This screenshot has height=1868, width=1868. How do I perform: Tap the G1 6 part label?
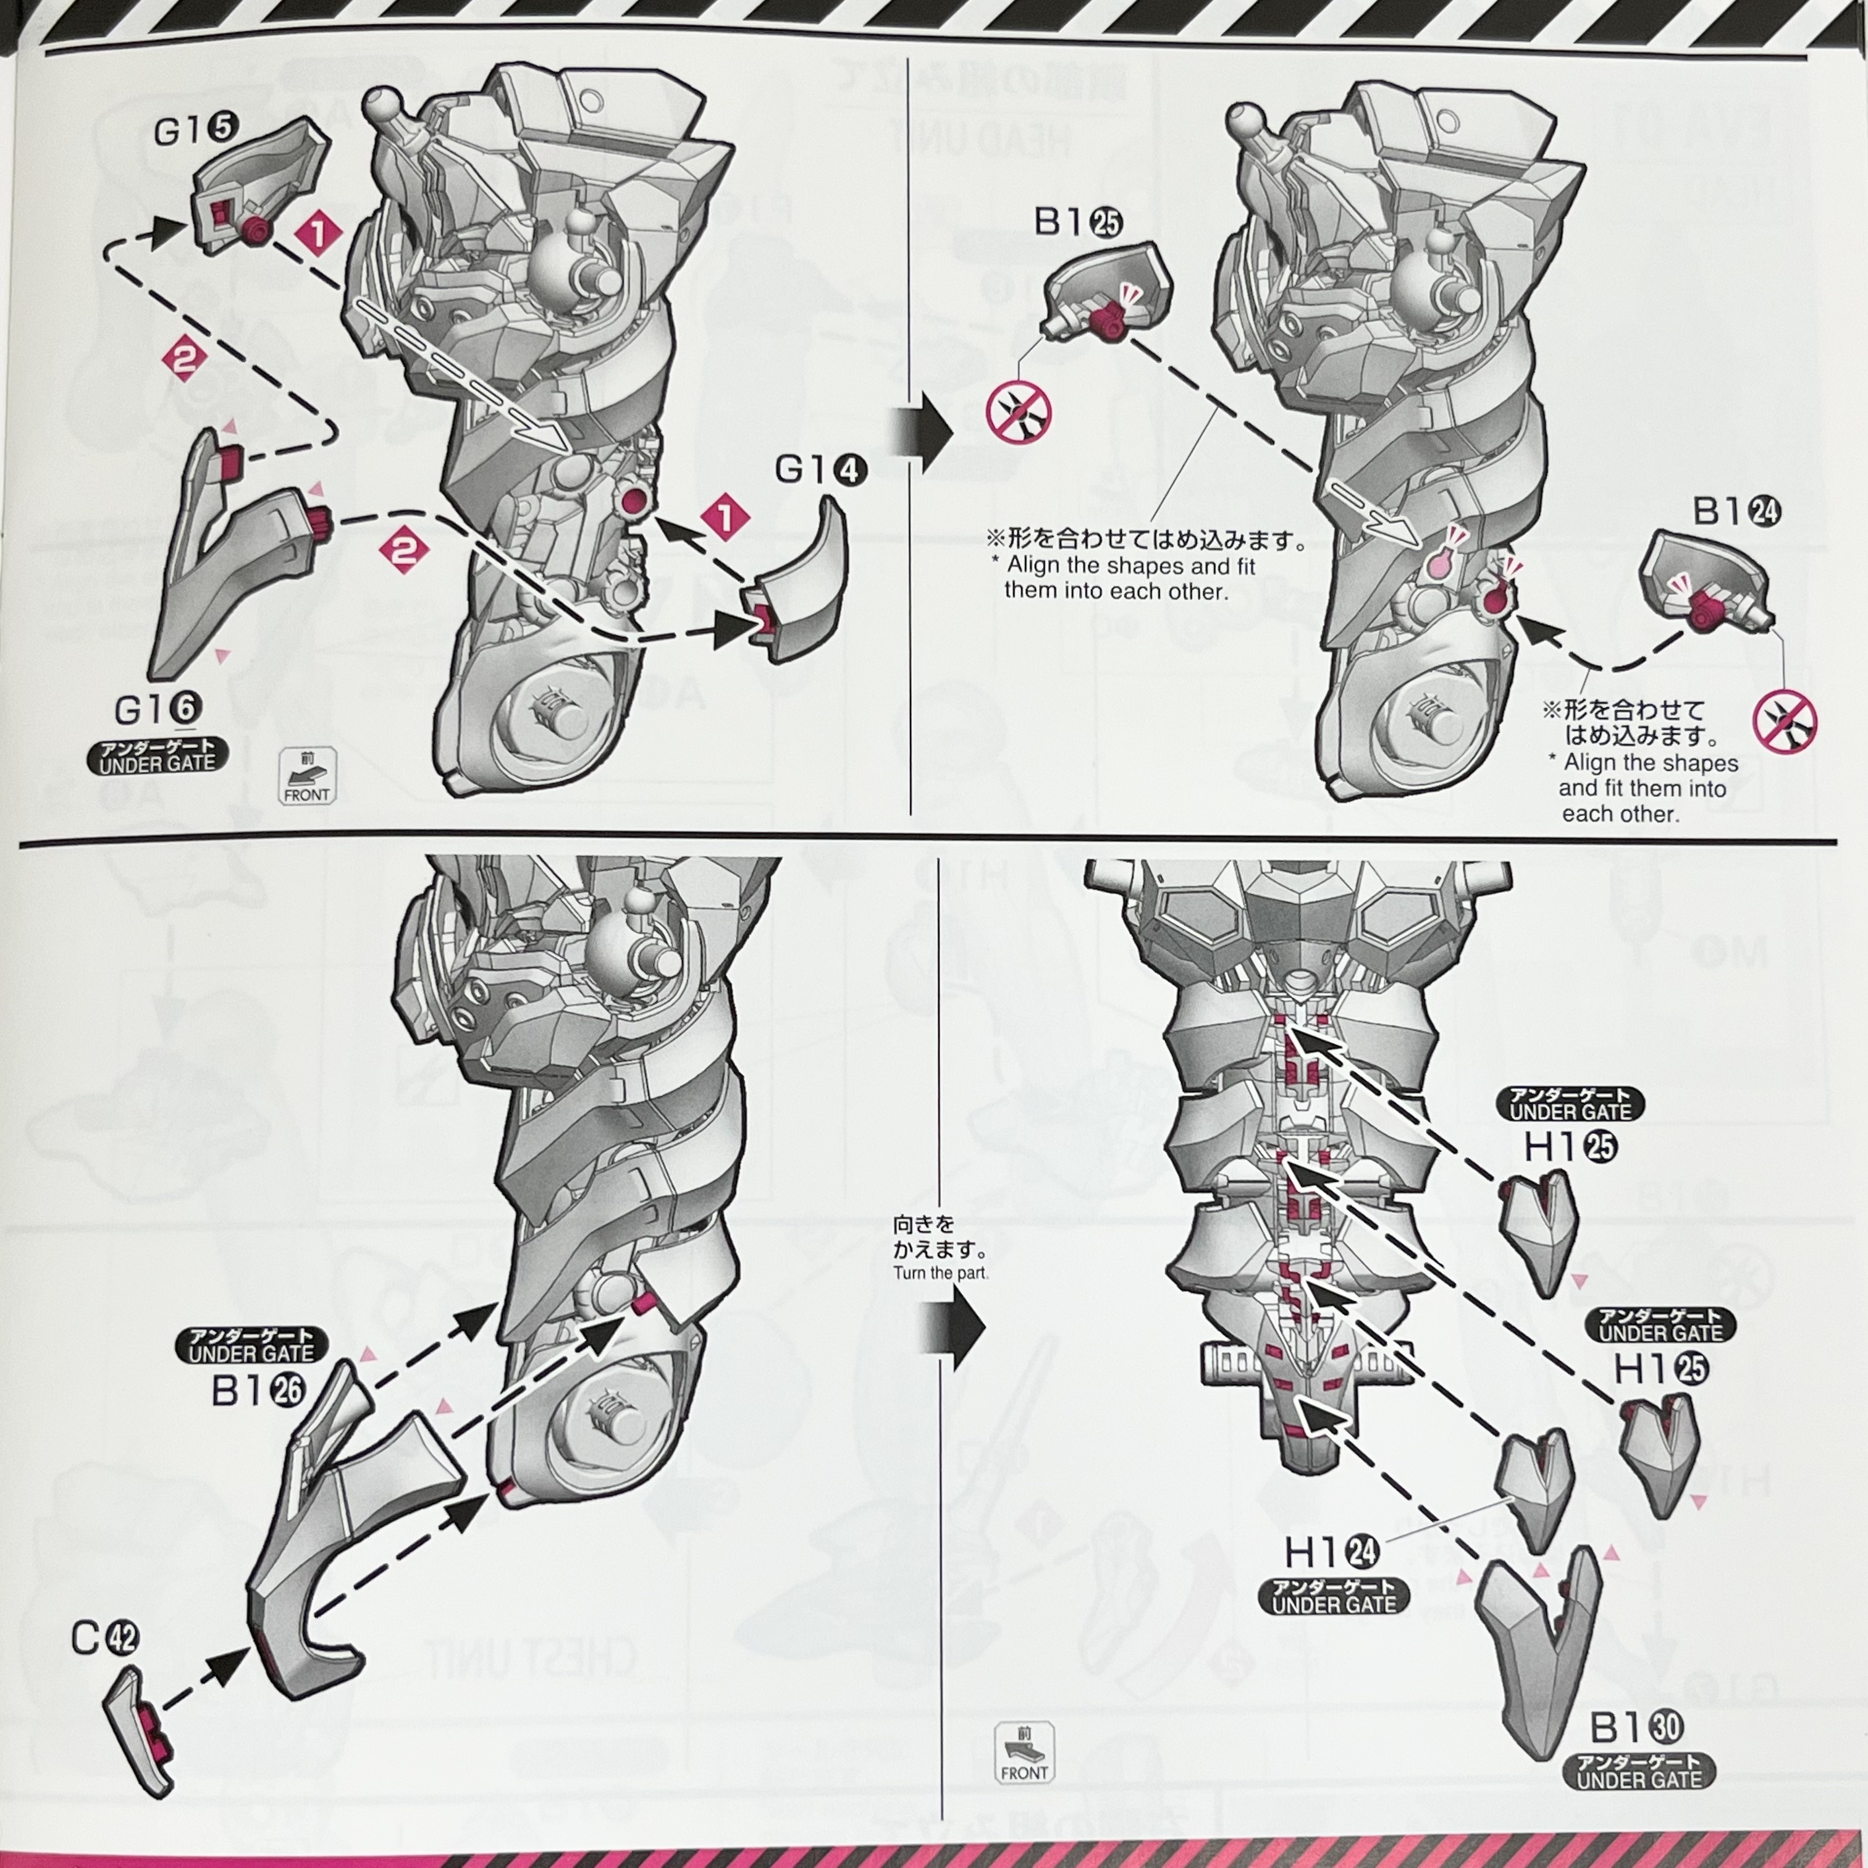click(158, 710)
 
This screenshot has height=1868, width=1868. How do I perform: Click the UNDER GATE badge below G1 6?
click(158, 756)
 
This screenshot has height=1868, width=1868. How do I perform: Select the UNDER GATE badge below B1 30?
click(1639, 1771)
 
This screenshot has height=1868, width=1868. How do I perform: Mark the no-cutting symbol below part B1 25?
click(1018, 412)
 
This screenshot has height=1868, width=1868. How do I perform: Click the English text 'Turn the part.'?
click(940, 1273)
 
